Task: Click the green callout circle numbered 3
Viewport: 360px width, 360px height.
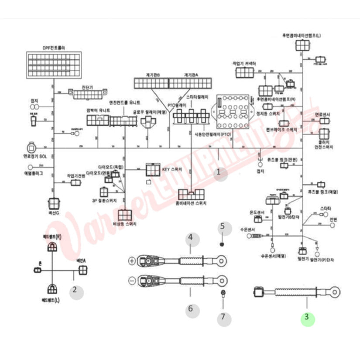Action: coord(307,318)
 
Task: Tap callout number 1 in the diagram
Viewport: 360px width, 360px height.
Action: coord(222,174)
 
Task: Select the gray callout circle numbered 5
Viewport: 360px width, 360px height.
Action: coord(223,226)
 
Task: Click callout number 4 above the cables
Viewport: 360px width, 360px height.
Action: coord(190,238)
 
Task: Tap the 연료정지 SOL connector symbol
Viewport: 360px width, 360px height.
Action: coord(32,147)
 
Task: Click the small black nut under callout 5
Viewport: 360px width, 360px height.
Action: coord(222,244)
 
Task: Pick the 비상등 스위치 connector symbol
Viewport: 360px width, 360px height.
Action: coord(125,214)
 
